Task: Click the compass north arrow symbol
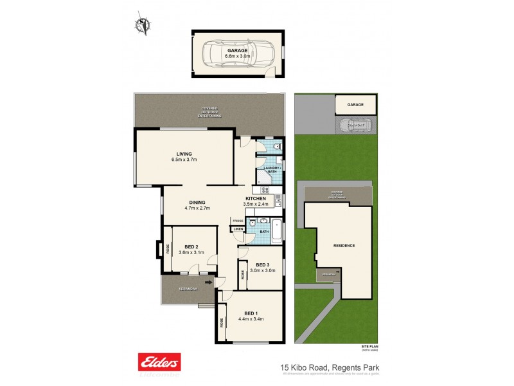tap(142, 24)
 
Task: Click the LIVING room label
tap(186, 154)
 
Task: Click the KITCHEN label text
tap(255, 199)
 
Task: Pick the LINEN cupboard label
tap(238, 228)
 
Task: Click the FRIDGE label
tap(238, 221)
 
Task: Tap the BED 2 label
tap(190, 246)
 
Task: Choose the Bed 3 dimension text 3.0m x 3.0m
tap(262, 271)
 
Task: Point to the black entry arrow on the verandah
tap(208, 281)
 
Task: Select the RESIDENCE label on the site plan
tap(344, 245)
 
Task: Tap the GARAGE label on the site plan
tap(355, 104)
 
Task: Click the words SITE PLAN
tap(369, 346)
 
